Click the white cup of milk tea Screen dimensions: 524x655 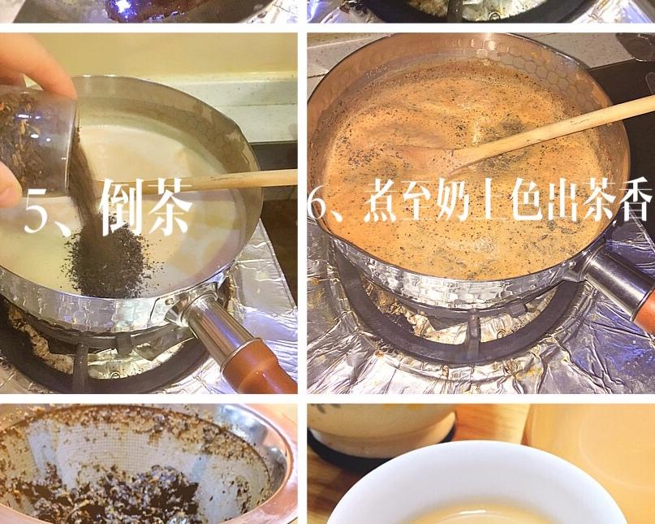point(471,487)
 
